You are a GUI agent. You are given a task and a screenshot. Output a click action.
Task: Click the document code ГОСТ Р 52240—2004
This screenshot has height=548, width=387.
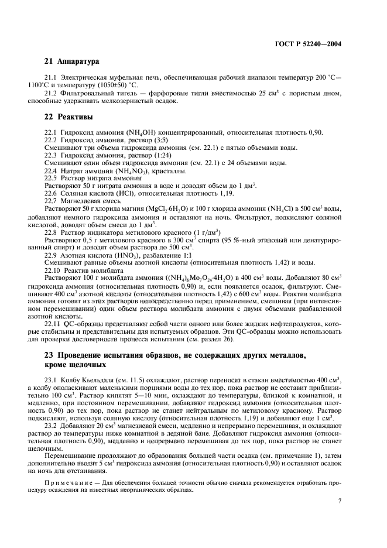[x=308, y=44]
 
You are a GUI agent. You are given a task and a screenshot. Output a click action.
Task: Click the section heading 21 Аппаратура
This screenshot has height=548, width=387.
[x=72, y=61]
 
